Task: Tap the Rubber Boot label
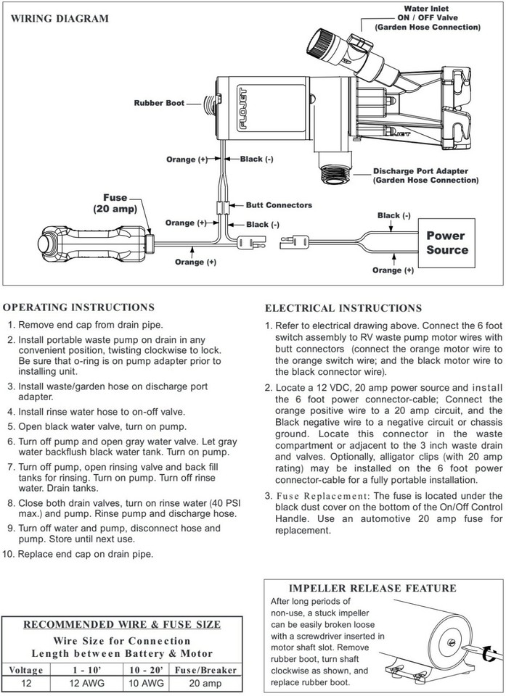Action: click(x=159, y=103)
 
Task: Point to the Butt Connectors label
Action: click(x=279, y=205)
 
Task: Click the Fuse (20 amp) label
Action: click(x=115, y=203)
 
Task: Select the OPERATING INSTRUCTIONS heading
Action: click(x=81, y=307)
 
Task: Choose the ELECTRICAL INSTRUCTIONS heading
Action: click(x=343, y=308)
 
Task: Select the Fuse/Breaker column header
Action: click(x=203, y=670)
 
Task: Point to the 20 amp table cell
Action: click(x=203, y=682)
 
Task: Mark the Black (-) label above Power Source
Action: click(x=393, y=215)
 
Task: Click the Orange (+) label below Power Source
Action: click(x=393, y=270)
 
